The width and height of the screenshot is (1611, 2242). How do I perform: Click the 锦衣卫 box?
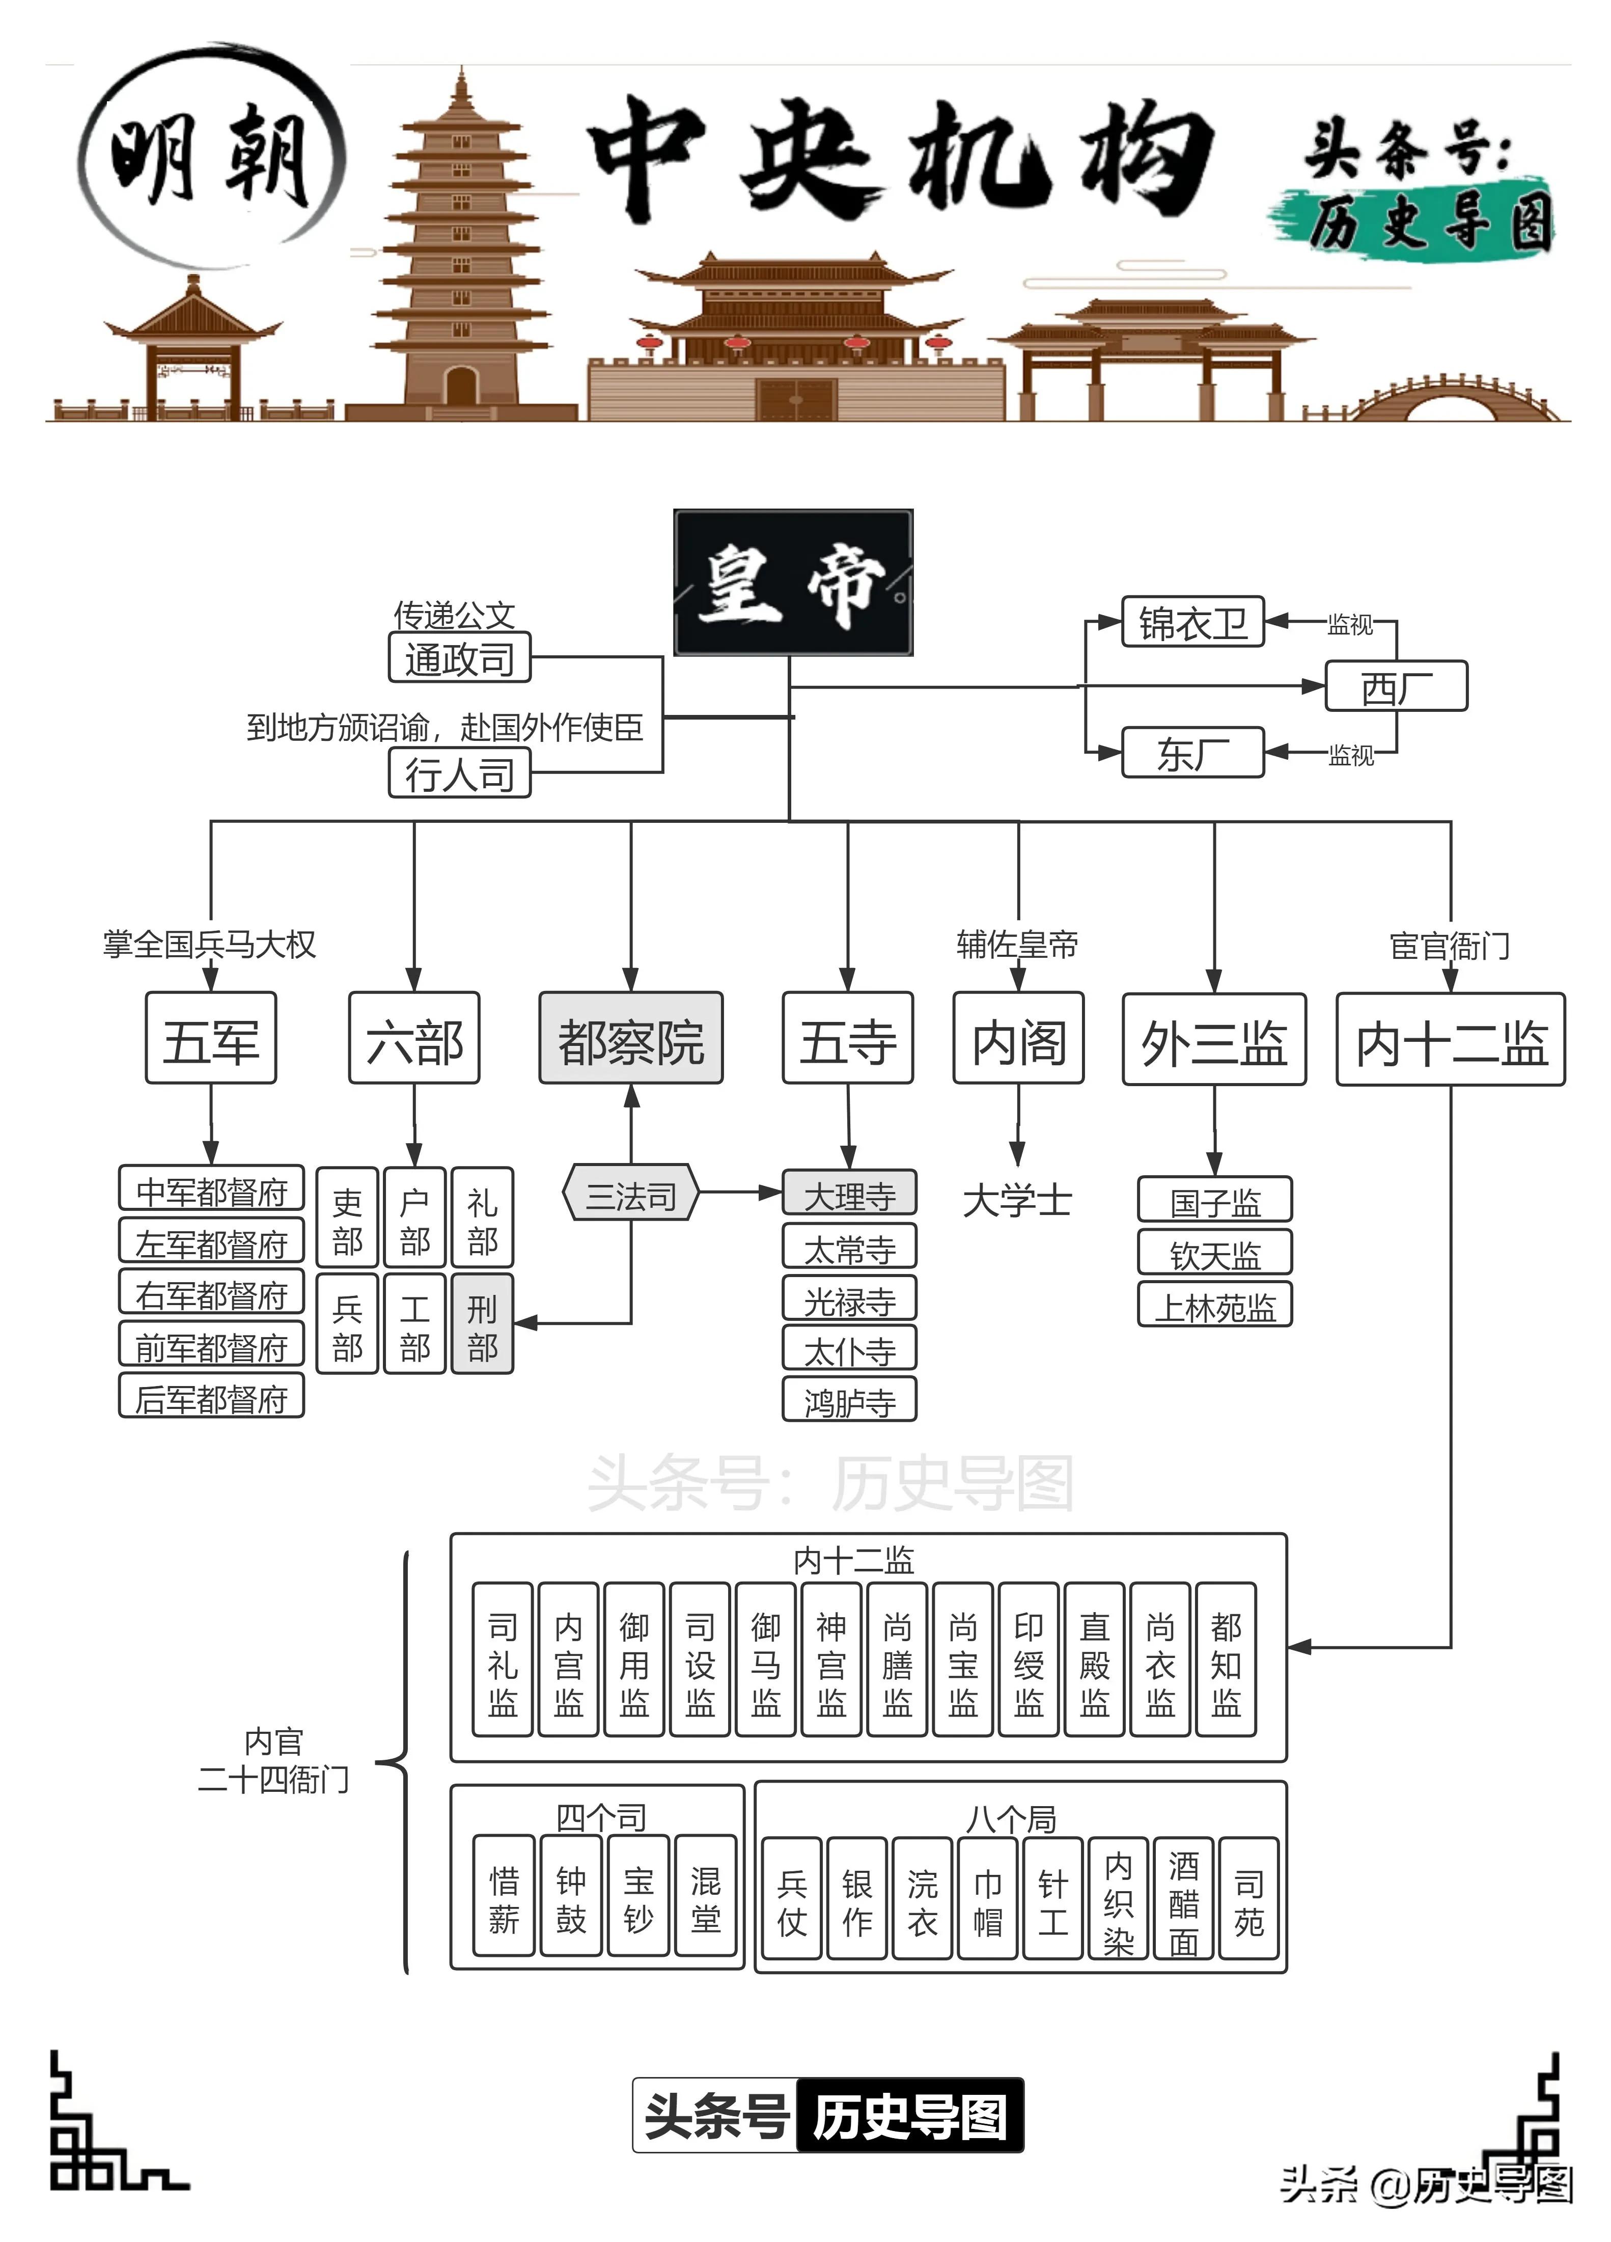1193,623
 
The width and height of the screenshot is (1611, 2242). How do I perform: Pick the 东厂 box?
1193,753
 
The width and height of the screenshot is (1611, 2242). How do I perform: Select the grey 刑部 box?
482,1323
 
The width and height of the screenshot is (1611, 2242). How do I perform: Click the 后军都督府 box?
210,1397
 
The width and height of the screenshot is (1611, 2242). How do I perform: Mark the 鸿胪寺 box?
849,1400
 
